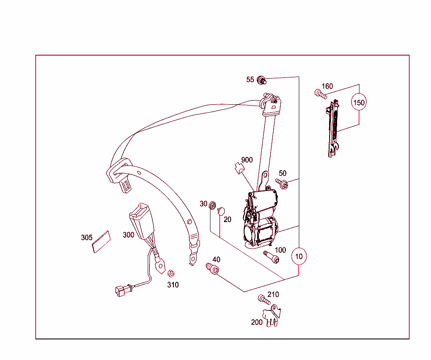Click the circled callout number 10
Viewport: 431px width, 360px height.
coord(299,256)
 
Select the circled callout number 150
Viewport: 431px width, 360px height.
coord(359,103)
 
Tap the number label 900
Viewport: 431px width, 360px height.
coord(247,160)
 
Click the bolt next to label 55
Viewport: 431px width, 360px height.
coord(261,80)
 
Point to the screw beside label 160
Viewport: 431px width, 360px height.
coord(320,94)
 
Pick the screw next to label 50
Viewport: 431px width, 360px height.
coord(282,183)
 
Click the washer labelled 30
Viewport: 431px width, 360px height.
coord(212,205)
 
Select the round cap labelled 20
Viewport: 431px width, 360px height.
coord(221,211)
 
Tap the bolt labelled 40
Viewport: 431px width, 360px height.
coord(212,269)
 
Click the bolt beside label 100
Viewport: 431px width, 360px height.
coord(271,257)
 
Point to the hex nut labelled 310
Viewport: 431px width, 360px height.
coord(171,273)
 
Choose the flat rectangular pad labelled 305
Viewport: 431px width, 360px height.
coord(101,242)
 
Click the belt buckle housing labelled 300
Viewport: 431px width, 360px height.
coord(141,221)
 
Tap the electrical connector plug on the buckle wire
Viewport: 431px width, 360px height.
coord(122,291)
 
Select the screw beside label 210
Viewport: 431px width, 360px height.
coord(264,299)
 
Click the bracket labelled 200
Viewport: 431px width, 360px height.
coord(271,316)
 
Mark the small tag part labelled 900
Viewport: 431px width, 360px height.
coord(239,168)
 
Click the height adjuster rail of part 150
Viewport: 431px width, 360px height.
coord(333,129)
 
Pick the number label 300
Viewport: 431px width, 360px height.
coord(128,235)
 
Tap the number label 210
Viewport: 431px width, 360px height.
coord(273,294)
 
